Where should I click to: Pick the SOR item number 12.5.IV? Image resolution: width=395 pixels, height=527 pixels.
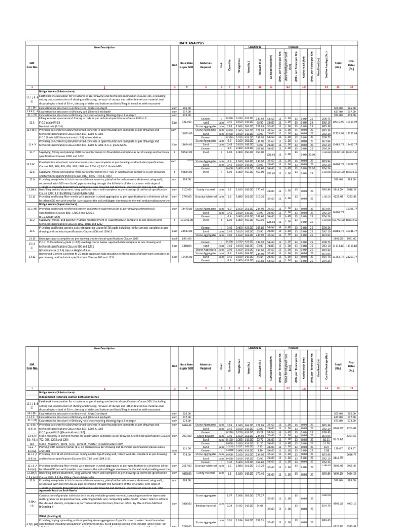coord(31,178)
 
